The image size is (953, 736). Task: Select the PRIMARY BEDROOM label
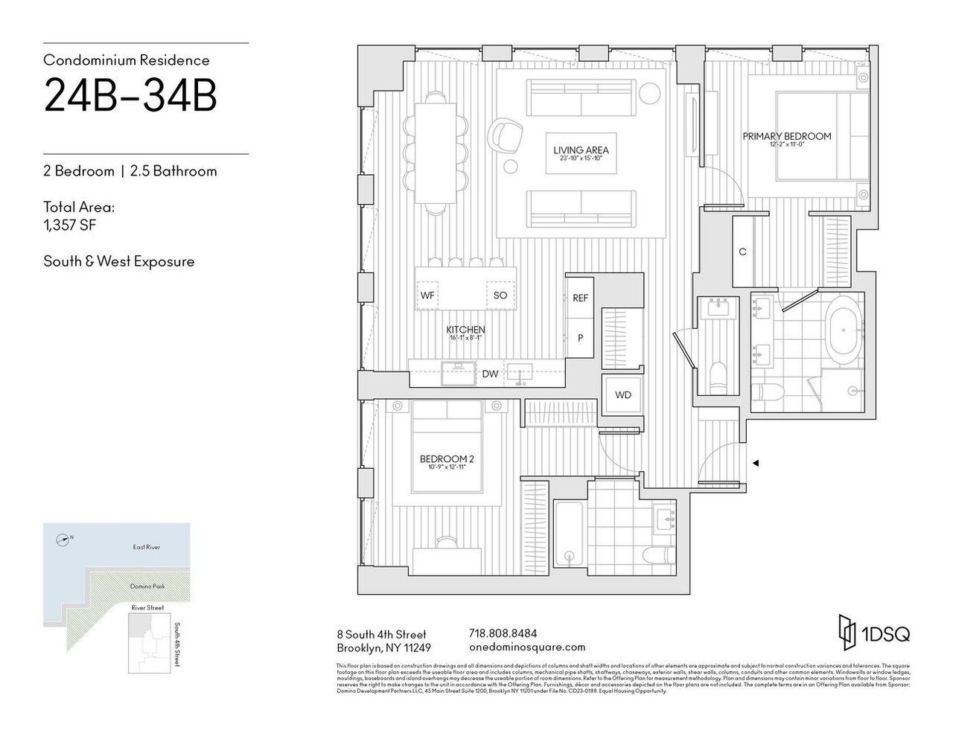pos(786,136)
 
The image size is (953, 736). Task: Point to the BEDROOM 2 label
pos(447,459)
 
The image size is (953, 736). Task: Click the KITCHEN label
pos(465,330)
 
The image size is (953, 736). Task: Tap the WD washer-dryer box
pos(622,394)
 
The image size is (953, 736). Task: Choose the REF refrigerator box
pos(580,298)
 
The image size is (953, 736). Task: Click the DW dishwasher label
pos(489,374)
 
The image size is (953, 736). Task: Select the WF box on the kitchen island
pos(427,295)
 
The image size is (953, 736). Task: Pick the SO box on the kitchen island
pos(500,295)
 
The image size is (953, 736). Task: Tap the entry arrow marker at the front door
pos(755,464)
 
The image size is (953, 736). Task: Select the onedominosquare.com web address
pos(528,647)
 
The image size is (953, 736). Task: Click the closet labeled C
pos(742,252)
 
